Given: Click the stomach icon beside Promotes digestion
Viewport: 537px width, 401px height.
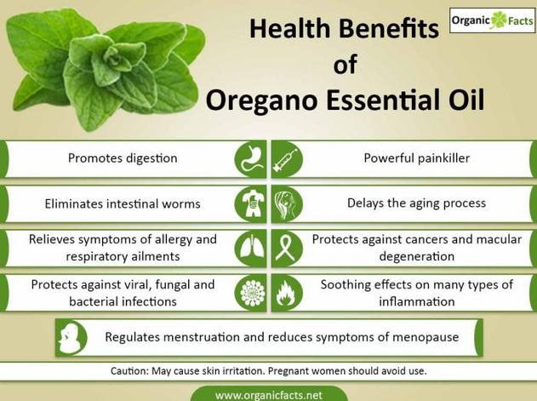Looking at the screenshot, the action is point(251,159).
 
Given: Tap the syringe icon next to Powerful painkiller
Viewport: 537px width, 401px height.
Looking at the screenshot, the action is point(287,159).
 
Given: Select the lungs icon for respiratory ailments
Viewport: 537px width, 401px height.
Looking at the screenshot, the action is point(251,249).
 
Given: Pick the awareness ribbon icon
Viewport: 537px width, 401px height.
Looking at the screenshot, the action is point(287,249).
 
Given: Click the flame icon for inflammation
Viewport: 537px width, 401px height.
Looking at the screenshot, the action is point(287,293).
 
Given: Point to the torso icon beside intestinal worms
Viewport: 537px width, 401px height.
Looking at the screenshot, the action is point(251,204).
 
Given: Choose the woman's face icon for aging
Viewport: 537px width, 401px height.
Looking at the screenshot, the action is point(287,204).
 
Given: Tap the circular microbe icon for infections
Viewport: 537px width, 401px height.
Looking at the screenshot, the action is point(251,293).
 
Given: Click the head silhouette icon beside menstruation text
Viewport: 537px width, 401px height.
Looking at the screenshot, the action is point(71,338).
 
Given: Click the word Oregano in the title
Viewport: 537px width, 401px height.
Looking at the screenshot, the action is point(261,100).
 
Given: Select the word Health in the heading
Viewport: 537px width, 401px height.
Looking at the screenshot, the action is point(289,28).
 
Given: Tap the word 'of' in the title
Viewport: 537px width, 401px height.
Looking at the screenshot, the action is point(346,64).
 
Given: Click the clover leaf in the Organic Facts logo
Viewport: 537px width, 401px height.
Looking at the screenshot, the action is point(499,20).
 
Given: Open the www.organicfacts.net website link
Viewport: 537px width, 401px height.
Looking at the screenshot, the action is point(269,396).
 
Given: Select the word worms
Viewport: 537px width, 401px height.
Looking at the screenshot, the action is point(181,204).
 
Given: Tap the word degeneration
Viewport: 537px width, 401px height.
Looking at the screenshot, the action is point(417,256).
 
